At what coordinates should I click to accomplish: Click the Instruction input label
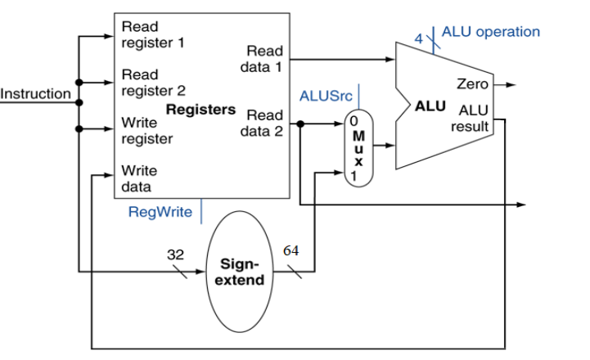pos(36,94)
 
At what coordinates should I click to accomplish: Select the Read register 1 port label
pos(152,35)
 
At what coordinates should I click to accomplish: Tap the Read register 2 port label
pos(152,83)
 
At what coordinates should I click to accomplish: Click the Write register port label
pos(147,130)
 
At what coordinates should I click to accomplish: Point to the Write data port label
pos(140,178)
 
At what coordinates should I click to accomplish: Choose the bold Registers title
pos(200,109)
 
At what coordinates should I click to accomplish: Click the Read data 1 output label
pos(261,59)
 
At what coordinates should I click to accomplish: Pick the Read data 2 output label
pos(261,123)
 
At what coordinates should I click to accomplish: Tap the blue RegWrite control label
pos(160,213)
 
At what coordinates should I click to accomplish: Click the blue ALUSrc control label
pos(326,96)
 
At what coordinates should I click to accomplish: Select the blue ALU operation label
pos(491,32)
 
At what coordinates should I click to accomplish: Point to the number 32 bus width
pos(175,254)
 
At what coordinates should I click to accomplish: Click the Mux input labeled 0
pos(354,120)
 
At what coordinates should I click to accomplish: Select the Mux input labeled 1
pos(354,174)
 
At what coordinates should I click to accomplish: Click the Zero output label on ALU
pos(473,84)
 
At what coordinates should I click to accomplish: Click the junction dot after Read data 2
pos(301,124)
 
